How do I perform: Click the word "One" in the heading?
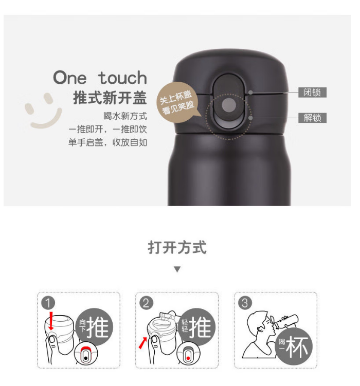coord(70,78)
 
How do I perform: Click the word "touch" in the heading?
coord(122,78)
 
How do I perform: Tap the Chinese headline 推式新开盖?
coord(110,98)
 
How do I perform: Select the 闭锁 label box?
coord(312,93)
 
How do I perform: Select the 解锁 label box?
coord(312,118)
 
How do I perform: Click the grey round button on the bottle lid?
coord(229,105)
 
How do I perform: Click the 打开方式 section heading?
coord(177,247)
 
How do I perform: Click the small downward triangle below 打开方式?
coord(177,269)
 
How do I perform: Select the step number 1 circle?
coord(48,303)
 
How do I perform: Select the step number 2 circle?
coord(146,303)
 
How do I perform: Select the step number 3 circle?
coord(245,303)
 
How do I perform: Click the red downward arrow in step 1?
coord(51,321)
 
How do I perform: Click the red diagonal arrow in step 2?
coord(143,343)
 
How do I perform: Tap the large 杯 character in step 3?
coord(297,347)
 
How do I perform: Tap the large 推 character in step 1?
coord(98,327)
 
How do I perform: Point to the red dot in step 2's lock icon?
coord(188,358)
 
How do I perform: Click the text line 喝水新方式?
coord(125,116)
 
